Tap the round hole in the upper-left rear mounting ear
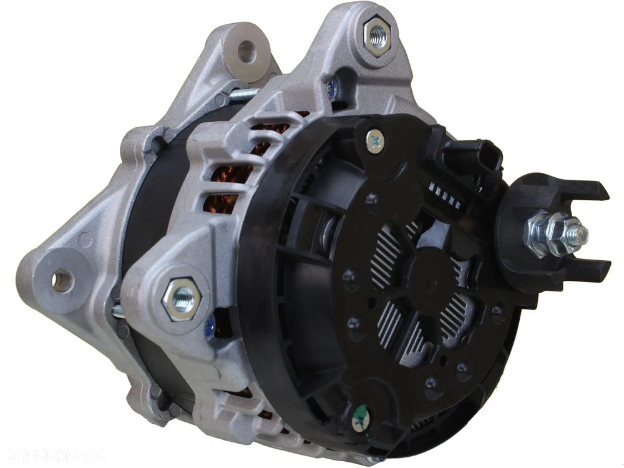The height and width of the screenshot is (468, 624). coord(247,51)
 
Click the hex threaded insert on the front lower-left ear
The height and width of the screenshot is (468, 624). coord(181,298)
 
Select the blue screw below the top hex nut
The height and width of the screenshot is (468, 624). coord(332,89)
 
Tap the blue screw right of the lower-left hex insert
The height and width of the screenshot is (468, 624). coord(210,324)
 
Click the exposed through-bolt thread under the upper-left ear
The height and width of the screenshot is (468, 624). coord(246,95)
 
